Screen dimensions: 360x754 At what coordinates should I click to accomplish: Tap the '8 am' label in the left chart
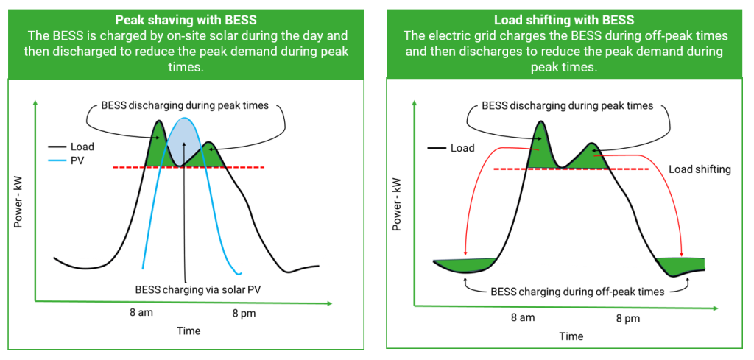(x=141, y=312)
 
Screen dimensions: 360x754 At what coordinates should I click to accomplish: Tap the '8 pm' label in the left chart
(x=244, y=312)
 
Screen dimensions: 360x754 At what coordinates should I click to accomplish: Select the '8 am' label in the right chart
(x=523, y=318)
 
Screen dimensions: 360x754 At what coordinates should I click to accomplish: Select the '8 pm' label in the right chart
(x=627, y=318)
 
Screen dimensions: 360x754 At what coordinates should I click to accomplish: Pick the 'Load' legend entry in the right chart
(x=462, y=148)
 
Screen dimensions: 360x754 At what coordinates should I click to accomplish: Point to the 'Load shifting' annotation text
(x=700, y=169)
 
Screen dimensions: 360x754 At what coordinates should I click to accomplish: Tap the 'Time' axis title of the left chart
(x=188, y=331)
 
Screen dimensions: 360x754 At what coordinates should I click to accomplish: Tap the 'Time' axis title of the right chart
(x=571, y=336)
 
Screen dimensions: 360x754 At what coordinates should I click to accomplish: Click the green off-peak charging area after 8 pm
(x=681, y=264)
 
